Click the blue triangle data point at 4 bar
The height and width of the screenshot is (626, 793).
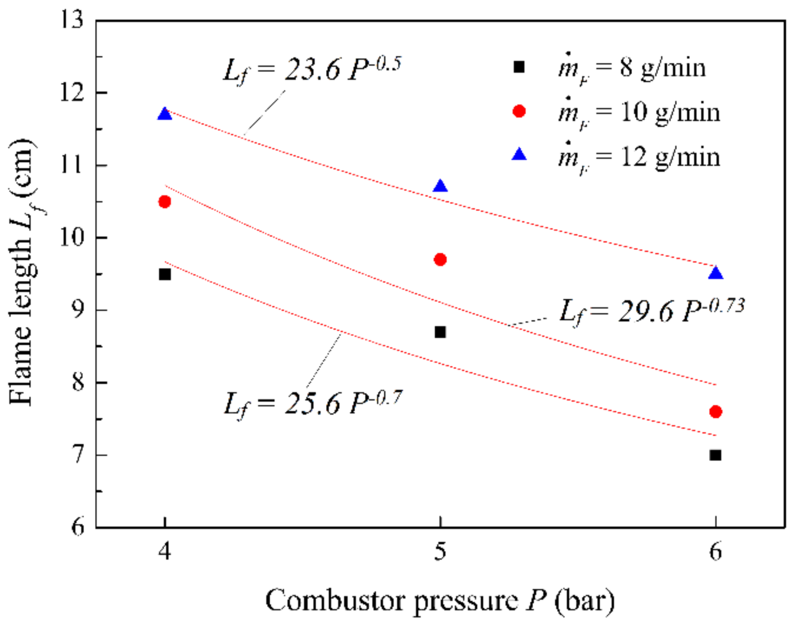[x=165, y=115]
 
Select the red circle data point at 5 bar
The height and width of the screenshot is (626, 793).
[x=440, y=259]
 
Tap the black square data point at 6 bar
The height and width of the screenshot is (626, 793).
[x=715, y=455]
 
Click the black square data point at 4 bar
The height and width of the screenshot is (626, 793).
[x=165, y=274]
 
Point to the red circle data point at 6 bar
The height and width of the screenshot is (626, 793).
[x=715, y=411]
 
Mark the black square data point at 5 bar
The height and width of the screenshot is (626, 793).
[x=440, y=332]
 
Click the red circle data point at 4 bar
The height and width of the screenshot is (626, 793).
[x=165, y=202]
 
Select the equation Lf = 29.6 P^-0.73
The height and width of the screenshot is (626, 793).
[x=651, y=312]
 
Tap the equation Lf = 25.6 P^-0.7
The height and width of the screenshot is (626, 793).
[x=312, y=404]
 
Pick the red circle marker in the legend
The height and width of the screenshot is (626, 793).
[x=519, y=111]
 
